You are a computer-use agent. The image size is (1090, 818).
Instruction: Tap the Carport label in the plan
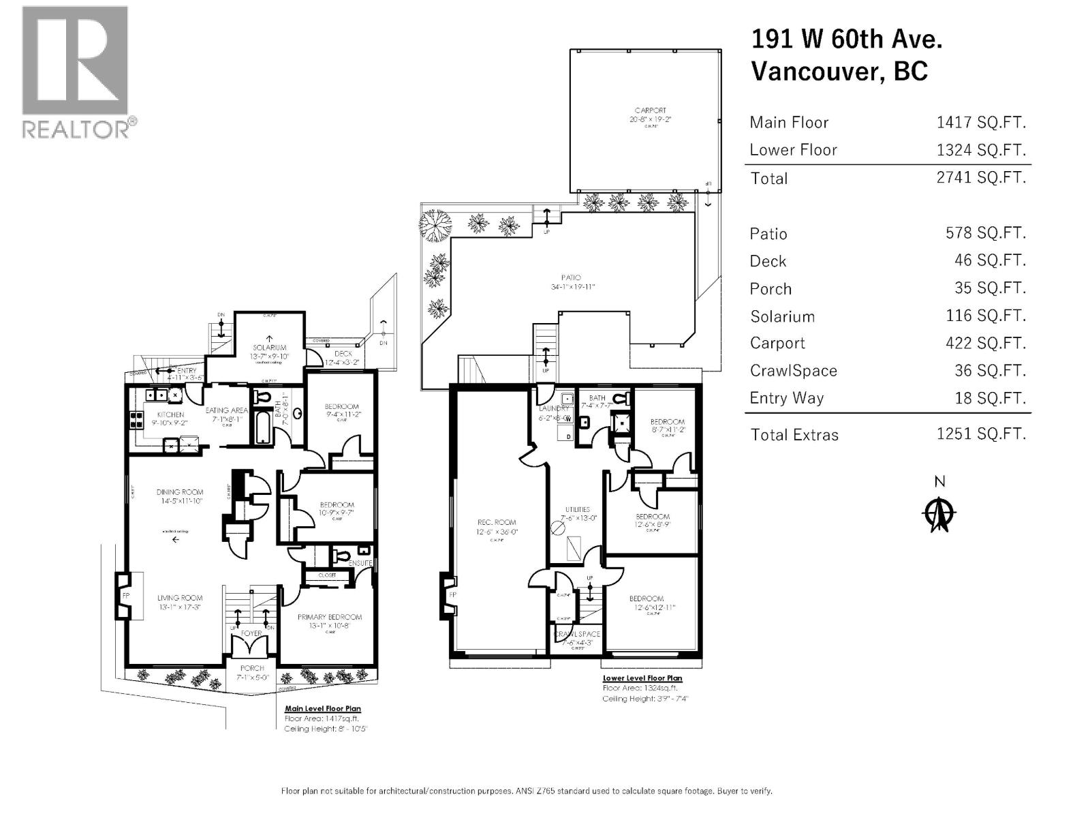[x=650, y=110]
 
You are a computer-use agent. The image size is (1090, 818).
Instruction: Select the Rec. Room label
[x=496, y=522]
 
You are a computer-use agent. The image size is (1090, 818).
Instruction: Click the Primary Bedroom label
[x=330, y=617]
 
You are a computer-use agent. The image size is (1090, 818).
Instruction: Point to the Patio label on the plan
[x=571, y=278]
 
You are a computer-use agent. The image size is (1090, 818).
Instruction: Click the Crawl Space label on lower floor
[x=577, y=634]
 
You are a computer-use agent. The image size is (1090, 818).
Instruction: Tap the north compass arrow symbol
[x=939, y=514]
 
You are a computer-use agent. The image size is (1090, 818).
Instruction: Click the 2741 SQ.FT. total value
[x=980, y=178]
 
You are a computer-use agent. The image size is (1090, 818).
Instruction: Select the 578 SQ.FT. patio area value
[x=985, y=233]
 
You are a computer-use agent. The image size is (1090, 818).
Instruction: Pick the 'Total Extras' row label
[x=794, y=435]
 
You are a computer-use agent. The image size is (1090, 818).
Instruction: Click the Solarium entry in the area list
[x=782, y=316]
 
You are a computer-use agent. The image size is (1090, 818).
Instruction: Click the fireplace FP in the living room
[x=126, y=595]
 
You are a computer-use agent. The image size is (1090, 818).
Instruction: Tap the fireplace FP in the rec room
[x=452, y=595]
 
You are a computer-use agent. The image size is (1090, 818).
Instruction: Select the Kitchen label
[x=170, y=414]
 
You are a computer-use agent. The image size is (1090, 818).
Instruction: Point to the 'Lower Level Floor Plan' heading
[x=642, y=678]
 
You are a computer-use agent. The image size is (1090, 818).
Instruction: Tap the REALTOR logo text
[x=76, y=129]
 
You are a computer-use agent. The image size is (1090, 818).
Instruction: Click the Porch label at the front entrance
[x=252, y=668]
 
